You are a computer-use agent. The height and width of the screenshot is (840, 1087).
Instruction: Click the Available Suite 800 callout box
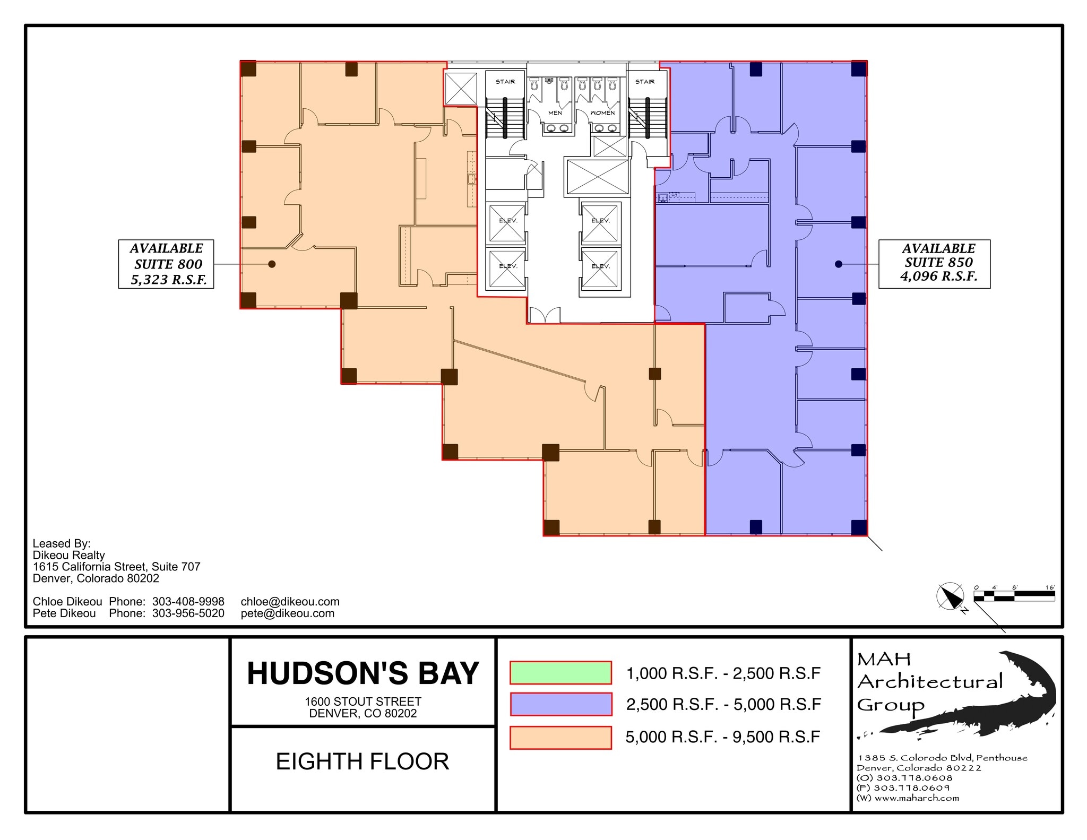pos(166,264)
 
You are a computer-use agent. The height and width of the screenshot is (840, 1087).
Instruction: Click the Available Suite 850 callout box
pos(934,264)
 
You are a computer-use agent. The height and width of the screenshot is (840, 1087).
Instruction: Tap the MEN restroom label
pos(555,112)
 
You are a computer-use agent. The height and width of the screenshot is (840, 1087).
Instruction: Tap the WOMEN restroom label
pos(602,112)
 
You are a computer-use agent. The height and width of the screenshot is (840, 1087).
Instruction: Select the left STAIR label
pos(505,82)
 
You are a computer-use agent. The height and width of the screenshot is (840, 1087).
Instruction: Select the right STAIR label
pos(644,82)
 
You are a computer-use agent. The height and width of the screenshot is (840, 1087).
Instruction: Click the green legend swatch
pos(560,672)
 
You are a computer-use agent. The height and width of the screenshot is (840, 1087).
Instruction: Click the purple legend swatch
pos(560,704)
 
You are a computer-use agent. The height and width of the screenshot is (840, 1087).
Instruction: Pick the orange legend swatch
pos(560,737)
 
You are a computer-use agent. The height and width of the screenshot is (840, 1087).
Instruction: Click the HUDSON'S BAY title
pos(363,673)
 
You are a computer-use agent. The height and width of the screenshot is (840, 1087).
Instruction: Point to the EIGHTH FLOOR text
pos(363,761)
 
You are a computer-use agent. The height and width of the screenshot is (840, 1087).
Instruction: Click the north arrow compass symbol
pos(950,597)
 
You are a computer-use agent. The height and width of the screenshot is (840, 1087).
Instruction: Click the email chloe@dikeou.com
pos(290,601)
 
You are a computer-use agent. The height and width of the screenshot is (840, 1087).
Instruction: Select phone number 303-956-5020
pos(188,613)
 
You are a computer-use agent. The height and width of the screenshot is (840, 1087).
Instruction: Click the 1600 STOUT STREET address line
pos(363,702)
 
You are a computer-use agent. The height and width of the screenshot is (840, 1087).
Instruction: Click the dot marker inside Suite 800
pos(272,264)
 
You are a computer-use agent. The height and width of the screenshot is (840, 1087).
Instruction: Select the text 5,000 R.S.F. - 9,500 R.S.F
pos(723,737)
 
